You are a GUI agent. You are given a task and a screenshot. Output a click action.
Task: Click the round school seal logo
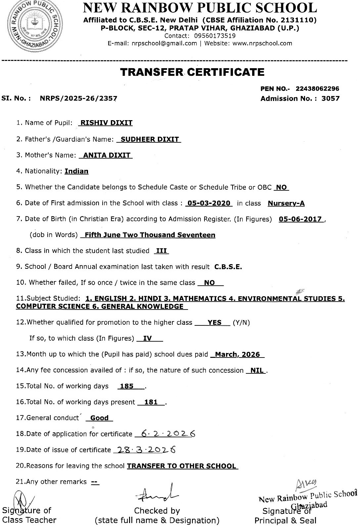(x=34, y=26)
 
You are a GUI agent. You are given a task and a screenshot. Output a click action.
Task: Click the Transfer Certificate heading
(x=192, y=72)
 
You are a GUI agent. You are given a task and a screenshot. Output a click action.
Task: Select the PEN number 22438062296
(x=317, y=89)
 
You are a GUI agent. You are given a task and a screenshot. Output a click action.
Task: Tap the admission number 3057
(x=330, y=98)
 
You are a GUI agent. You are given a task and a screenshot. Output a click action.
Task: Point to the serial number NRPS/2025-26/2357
(x=78, y=98)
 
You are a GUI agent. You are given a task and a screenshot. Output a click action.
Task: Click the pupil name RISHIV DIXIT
(x=107, y=123)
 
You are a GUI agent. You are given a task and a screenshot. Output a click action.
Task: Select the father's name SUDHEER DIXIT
(x=150, y=139)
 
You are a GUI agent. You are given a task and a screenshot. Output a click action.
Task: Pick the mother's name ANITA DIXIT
(x=107, y=155)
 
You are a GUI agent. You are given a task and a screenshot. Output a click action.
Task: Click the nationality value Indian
(x=76, y=171)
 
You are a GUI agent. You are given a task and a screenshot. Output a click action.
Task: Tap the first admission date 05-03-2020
(x=209, y=203)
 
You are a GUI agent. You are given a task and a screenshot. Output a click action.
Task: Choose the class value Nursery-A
(x=286, y=203)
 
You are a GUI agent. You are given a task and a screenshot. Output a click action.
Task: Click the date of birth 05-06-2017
(x=300, y=219)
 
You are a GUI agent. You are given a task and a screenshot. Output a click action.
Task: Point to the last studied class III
(x=161, y=251)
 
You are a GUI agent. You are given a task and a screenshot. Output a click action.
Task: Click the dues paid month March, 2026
(x=238, y=354)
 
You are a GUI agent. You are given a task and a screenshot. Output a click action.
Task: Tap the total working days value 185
(x=127, y=386)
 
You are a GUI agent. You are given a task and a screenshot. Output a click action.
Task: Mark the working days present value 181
(x=151, y=402)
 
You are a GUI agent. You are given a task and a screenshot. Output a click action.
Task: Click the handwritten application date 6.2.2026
(x=168, y=434)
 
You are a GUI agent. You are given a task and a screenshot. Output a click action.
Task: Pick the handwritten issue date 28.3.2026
(x=144, y=450)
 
